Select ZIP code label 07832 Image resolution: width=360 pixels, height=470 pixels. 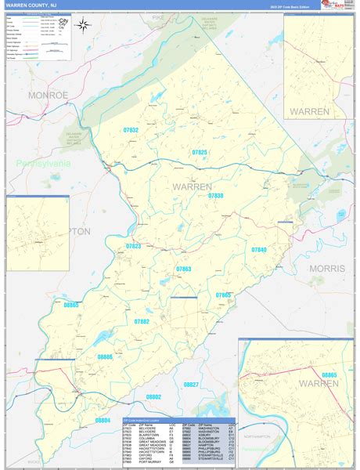[x=131, y=130]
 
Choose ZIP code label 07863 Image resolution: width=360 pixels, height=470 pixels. [x=183, y=269]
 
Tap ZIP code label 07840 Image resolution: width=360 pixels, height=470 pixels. [x=259, y=249]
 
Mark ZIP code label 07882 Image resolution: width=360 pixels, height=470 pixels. [x=141, y=321]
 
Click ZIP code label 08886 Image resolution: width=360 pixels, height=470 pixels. [x=105, y=356]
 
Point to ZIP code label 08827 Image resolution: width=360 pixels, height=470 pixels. [x=191, y=385]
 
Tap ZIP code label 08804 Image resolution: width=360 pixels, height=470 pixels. [x=103, y=421]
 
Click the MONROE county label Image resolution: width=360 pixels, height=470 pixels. [x=49, y=95]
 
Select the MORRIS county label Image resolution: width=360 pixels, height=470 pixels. [x=326, y=268]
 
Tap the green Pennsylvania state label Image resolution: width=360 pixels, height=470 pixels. [x=42, y=163]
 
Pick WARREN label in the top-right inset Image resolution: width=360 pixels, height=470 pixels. [x=310, y=112]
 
